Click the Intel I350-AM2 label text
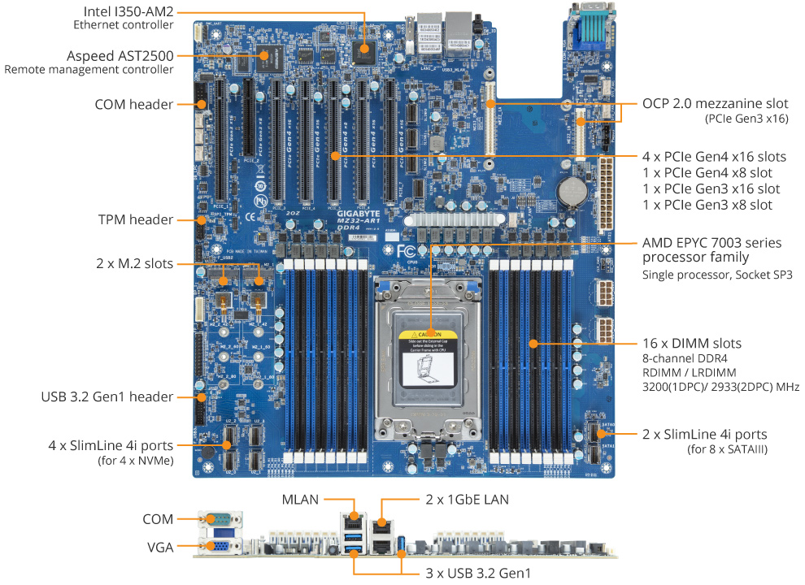128,11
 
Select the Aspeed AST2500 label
120,55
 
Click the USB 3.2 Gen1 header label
107,396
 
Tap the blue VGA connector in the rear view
220,548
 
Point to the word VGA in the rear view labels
159,548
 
